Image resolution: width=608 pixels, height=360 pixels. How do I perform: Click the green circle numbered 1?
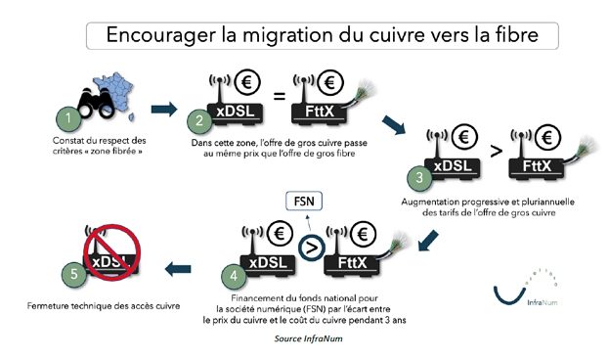67,120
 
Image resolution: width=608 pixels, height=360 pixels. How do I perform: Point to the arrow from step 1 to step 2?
165,109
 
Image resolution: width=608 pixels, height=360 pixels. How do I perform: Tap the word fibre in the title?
515,35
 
